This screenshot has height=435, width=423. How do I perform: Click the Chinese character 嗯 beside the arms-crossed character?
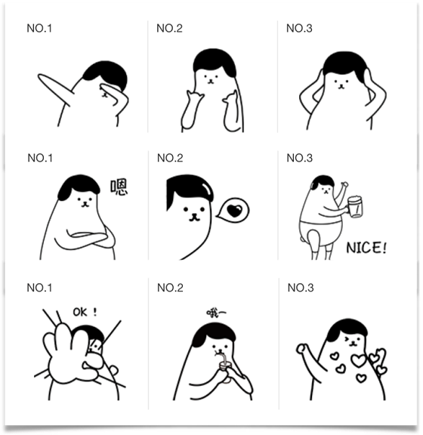tap(119, 187)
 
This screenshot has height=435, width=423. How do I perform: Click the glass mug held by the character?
tap(355, 205)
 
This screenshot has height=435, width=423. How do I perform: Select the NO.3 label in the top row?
tap(299, 29)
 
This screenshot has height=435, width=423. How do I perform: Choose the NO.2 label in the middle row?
tap(170, 158)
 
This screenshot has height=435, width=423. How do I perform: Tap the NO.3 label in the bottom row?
tap(301, 288)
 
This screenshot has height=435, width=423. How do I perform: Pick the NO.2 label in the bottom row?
tap(170, 288)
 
